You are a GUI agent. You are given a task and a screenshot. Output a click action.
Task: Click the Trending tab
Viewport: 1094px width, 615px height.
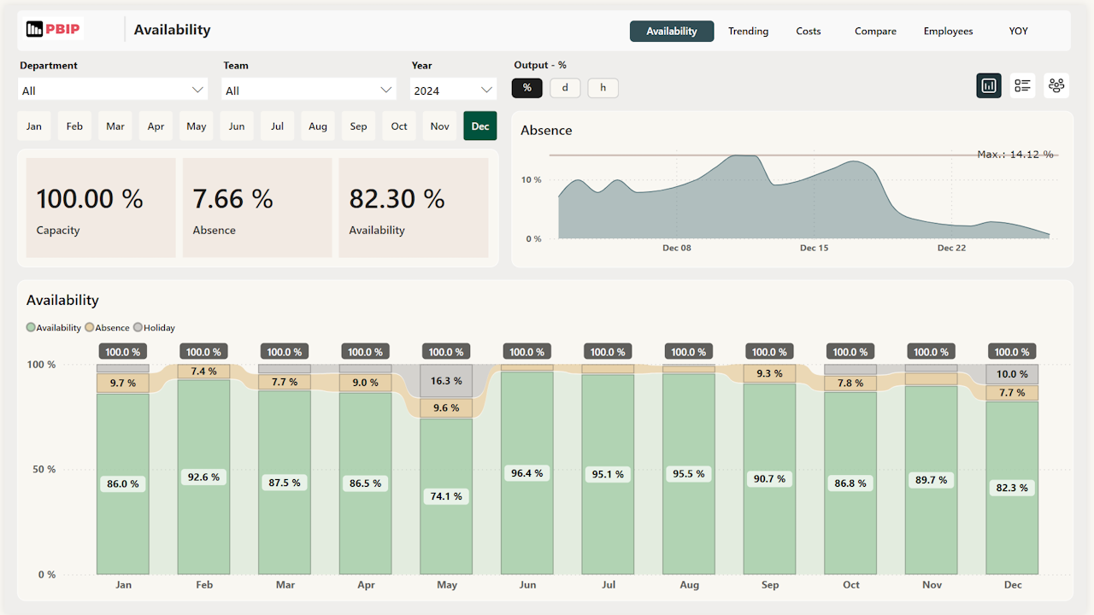748,32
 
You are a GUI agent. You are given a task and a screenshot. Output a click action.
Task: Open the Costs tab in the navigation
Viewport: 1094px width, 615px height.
808,32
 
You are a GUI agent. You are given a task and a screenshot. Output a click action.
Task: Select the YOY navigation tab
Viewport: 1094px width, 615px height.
1018,32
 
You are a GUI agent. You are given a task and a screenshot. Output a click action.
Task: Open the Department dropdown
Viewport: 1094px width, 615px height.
113,90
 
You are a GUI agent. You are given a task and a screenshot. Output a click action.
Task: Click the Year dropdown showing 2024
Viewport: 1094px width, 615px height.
453,90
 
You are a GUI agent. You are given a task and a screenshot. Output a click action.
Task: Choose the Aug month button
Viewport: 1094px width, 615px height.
318,126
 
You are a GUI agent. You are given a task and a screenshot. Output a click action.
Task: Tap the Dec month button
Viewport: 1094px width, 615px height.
480,126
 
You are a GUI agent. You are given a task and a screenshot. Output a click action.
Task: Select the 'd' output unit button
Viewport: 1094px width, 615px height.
565,87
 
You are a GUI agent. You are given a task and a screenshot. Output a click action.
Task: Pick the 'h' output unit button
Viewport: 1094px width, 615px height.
603,87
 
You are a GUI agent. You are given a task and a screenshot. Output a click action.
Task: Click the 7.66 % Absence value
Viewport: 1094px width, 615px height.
232,199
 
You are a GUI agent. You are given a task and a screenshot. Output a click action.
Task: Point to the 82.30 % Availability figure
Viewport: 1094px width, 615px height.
397,199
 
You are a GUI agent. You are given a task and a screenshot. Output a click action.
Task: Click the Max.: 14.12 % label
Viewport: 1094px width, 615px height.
1015,155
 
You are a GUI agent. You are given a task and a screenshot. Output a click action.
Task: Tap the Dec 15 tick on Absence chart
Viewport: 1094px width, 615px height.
814,248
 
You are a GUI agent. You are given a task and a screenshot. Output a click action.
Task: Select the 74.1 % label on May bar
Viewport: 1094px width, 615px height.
446,496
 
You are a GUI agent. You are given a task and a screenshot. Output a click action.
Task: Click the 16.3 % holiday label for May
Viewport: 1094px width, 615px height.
446,381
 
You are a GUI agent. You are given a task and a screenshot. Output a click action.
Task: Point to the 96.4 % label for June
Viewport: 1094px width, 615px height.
526,473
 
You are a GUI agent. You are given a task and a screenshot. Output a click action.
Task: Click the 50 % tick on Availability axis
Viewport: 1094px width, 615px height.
40,470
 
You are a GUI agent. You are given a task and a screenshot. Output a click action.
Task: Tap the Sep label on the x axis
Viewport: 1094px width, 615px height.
769,585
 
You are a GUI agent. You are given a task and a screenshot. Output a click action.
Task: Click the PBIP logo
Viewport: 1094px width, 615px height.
53,30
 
